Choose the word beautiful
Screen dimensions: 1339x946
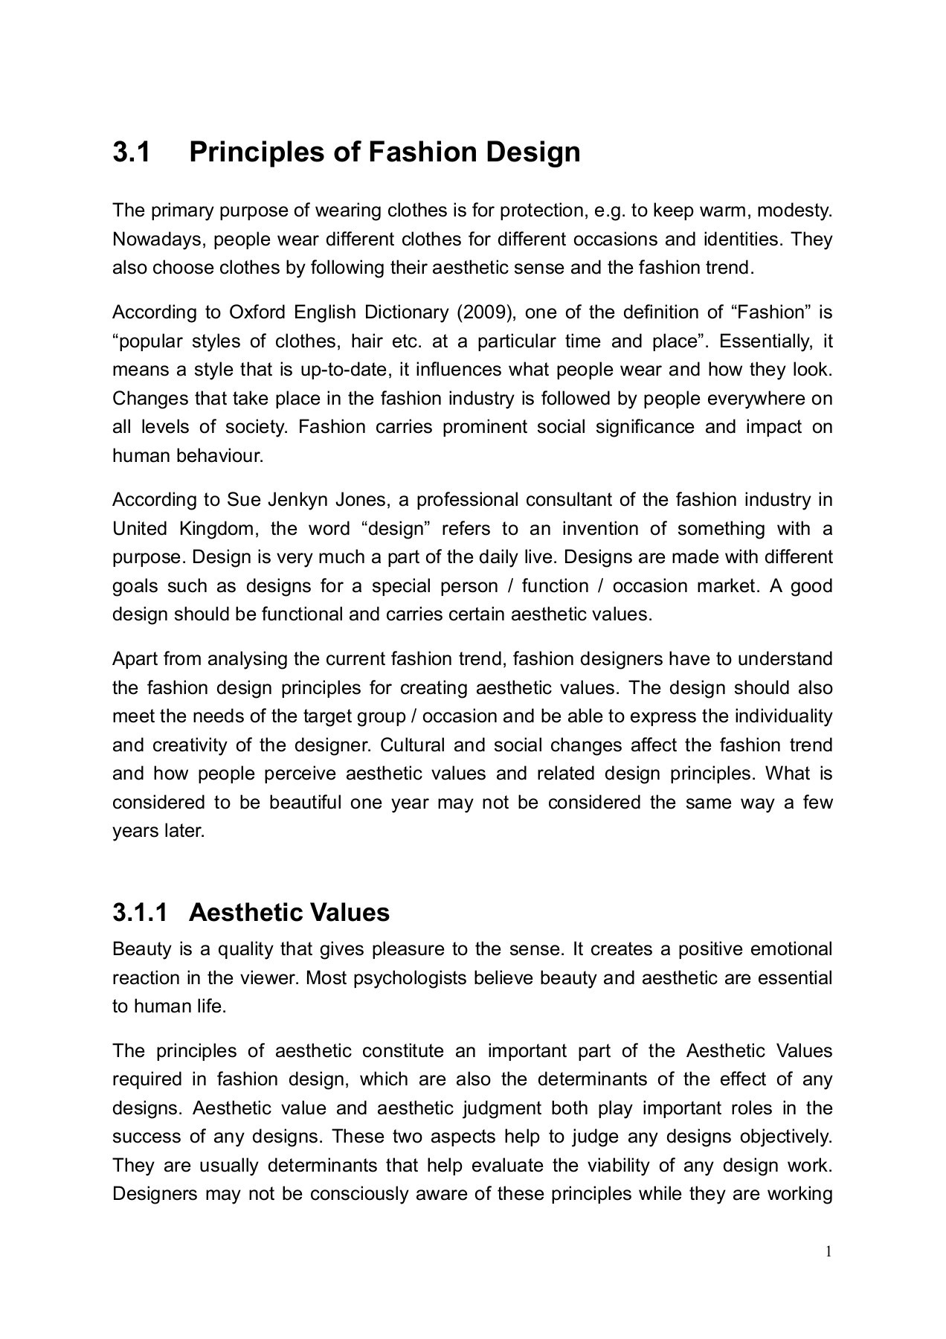tap(306, 803)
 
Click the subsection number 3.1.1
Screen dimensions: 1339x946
tap(141, 912)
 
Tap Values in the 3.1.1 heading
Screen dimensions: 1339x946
tap(353, 912)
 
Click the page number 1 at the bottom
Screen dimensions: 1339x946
tap(828, 1251)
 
